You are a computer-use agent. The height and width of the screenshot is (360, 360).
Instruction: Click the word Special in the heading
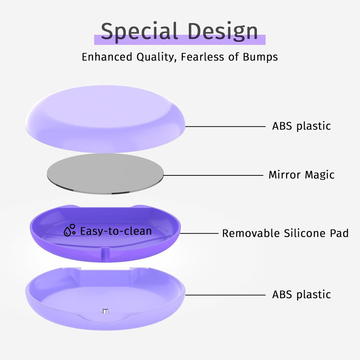pos(139,31)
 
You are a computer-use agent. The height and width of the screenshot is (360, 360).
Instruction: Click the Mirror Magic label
pos(301,175)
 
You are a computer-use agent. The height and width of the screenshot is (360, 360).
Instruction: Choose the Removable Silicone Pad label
pos(285,233)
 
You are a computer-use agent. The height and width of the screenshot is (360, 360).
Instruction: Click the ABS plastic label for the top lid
pos(301,126)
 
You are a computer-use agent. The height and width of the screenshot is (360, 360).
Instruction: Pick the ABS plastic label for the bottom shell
pos(301,294)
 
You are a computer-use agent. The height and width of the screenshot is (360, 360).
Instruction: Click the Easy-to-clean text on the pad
pos(116,231)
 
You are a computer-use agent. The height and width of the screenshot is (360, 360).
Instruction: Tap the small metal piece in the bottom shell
pos(105,311)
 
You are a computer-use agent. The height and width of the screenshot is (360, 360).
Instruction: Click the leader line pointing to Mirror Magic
pos(212,175)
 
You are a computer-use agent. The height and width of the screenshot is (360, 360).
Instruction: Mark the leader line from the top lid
pos(225,126)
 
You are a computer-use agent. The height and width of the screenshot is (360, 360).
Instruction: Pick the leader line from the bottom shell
pos(225,295)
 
